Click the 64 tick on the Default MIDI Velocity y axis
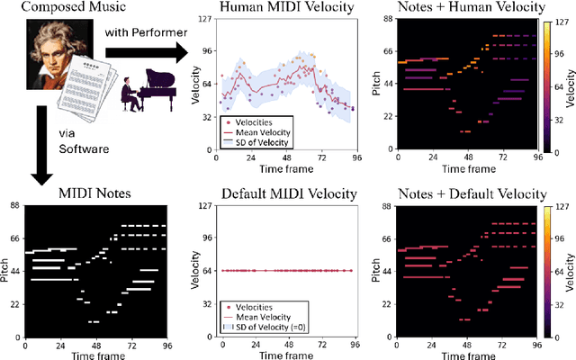point(206,270)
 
